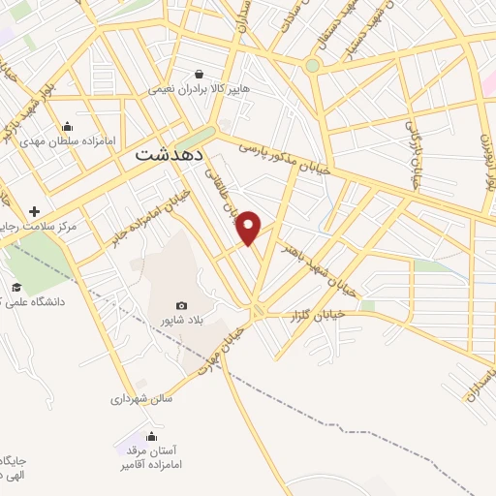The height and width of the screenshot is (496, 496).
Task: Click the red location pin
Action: (250, 227)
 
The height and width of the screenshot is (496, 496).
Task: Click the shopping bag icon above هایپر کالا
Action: (199, 74)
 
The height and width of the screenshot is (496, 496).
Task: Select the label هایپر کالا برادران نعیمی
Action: (199, 88)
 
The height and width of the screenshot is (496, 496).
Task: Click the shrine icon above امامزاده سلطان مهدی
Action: (66, 126)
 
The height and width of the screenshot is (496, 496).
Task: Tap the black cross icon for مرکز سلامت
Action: (35, 211)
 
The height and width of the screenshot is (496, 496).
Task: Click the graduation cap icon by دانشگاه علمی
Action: (16, 287)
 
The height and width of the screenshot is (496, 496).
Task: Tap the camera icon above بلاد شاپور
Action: (182, 306)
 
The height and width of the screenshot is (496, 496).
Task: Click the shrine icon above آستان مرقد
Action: (150, 436)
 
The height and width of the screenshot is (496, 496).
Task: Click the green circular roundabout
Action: (312, 66)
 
